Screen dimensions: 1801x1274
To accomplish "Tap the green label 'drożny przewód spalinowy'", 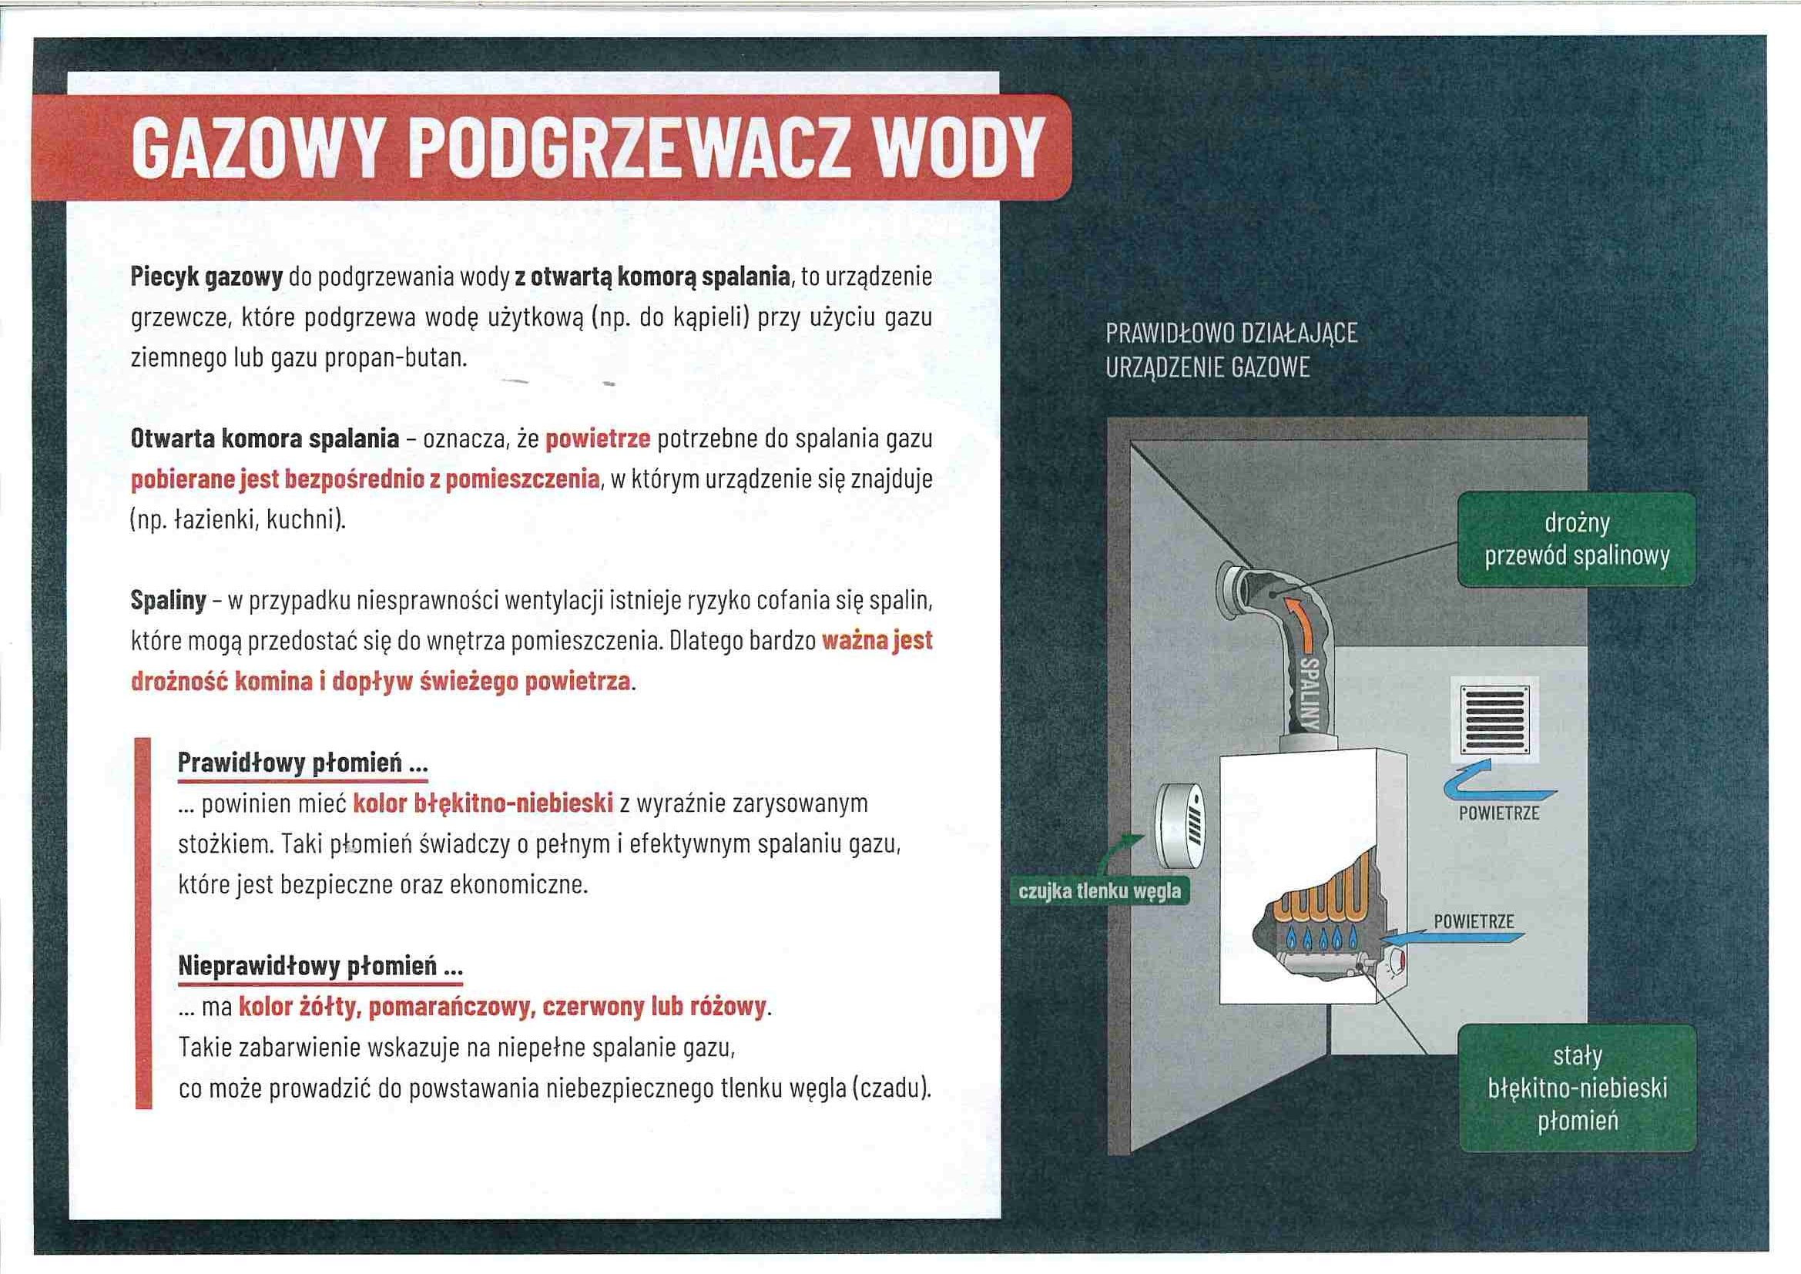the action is (1577, 539).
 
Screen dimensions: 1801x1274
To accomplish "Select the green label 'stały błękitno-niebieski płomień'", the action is (1577, 1088).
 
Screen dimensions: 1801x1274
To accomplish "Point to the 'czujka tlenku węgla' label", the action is (1099, 892).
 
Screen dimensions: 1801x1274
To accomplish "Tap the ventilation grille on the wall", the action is (1494, 718).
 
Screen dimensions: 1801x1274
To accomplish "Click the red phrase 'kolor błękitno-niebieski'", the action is (482, 803).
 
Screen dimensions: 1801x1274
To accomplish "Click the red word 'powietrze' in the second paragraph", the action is (598, 438).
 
